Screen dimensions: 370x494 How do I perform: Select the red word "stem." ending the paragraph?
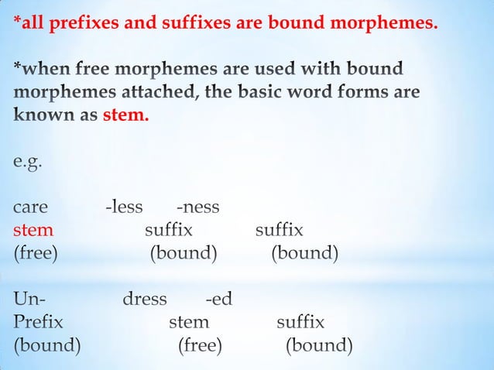pos(125,117)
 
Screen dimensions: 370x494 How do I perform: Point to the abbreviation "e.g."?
pos(28,163)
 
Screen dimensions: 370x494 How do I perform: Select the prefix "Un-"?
pos(29,299)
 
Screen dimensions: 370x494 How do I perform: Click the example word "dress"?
pos(145,299)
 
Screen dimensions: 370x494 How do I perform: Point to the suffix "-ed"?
pos(218,299)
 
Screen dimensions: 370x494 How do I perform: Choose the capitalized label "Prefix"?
pos(38,321)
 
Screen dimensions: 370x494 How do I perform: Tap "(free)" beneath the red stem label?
pos(35,253)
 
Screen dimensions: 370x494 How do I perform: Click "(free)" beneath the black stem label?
pos(200,344)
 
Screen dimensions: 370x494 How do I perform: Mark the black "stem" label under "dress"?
pos(189,321)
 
